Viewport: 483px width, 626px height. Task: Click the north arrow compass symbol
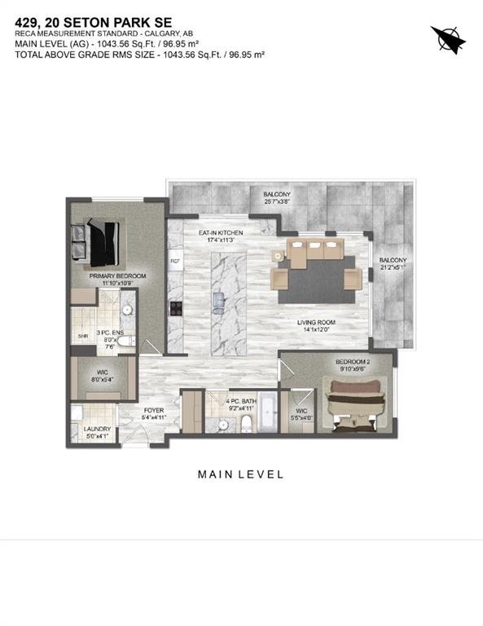pyautogui.click(x=446, y=37)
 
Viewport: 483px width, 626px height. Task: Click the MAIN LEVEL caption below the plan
pyautogui.click(x=241, y=474)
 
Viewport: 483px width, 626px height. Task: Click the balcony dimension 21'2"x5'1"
pyautogui.click(x=393, y=265)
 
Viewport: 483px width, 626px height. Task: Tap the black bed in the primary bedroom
pyautogui.click(x=97, y=242)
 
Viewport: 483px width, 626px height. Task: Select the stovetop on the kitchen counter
pyautogui.click(x=174, y=308)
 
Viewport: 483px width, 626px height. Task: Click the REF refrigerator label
pyautogui.click(x=174, y=261)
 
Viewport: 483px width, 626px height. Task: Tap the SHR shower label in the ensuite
pyautogui.click(x=82, y=336)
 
